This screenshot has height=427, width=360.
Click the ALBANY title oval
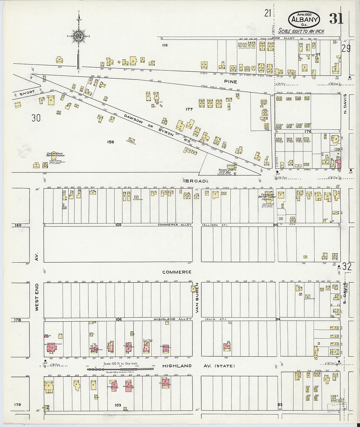point(304,20)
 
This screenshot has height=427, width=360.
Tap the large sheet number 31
point(336,19)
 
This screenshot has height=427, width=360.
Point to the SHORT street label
point(27,93)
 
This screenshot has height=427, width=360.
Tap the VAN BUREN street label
point(197,298)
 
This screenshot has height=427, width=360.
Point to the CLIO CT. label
point(215,319)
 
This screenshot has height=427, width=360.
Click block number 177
point(189,109)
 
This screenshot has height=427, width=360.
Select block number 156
point(110,142)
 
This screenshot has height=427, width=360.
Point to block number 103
point(118,405)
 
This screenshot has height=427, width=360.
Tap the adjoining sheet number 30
point(36,118)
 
